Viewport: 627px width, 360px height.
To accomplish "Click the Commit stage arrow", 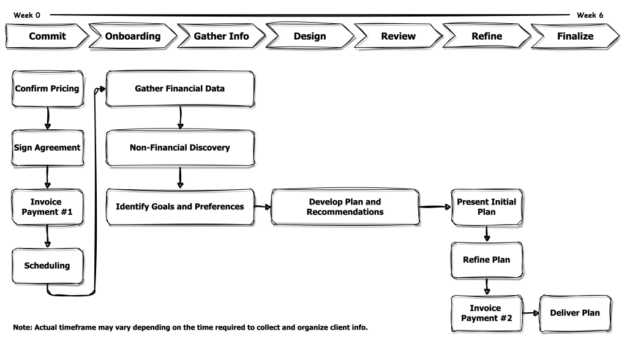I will point(47,36).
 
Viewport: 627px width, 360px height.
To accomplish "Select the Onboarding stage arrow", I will point(133,36).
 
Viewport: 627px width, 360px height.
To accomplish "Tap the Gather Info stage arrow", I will point(221,36).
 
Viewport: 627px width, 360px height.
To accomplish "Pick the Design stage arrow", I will point(310,36).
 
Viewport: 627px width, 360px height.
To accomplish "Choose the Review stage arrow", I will point(398,36).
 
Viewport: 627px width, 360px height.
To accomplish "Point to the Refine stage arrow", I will point(487,36).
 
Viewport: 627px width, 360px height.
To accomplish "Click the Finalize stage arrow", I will point(575,36).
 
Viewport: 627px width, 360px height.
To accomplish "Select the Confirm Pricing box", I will point(47,89).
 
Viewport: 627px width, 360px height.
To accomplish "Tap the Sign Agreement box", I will point(47,148).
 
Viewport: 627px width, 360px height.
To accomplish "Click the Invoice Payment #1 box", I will point(47,207).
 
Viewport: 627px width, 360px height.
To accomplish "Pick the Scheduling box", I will point(47,266).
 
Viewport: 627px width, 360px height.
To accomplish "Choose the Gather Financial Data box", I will point(180,89).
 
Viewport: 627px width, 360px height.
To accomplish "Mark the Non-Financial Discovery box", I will point(180,148).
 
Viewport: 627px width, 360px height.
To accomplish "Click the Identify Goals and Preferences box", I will point(180,207).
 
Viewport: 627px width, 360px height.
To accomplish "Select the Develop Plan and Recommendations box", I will point(345,207).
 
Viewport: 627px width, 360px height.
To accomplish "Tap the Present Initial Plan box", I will point(487,207).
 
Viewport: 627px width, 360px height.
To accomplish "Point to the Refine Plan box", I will point(487,260).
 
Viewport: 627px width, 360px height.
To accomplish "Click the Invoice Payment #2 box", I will point(487,313).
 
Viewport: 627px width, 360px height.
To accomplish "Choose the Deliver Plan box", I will point(575,313).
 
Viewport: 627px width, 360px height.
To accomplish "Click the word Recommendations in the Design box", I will point(345,212).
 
